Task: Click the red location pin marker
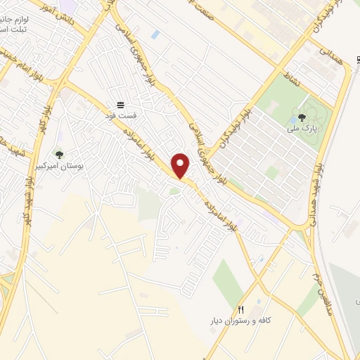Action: tap(181, 166)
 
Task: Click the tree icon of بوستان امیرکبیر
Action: tap(59, 155)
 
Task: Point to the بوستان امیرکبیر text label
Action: tap(59, 166)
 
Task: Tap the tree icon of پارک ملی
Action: tap(302, 118)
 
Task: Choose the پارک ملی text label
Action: tap(302, 129)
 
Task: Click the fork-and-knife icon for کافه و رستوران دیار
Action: tap(241, 309)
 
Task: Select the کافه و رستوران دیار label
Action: tap(241, 320)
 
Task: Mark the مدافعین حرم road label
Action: tap(324, 283)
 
